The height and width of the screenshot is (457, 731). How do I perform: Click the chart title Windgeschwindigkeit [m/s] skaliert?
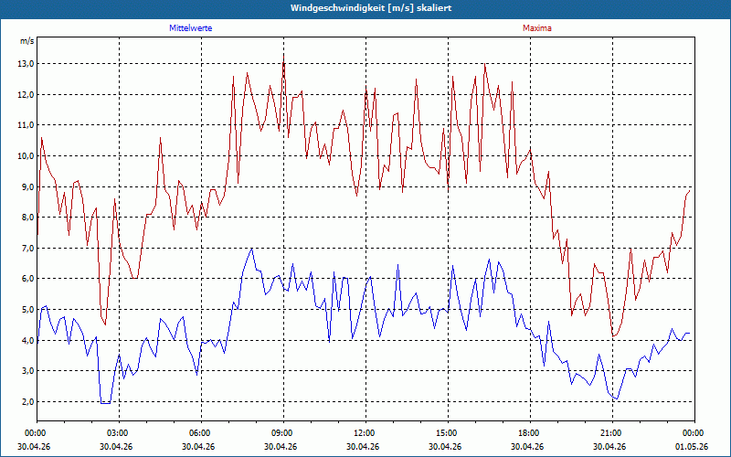371,8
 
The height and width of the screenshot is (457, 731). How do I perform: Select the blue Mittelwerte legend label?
191,28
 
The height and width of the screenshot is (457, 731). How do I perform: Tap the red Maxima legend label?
537,28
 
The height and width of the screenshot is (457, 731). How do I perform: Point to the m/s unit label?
27,41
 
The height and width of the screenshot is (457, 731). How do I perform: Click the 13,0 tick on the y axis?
26,64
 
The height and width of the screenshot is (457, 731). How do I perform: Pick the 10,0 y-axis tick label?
26,156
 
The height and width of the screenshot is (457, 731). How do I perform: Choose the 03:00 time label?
120,433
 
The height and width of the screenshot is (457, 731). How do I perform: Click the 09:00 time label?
283,433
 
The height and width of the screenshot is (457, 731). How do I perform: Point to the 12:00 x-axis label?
366,433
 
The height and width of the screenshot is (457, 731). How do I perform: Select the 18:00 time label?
530,433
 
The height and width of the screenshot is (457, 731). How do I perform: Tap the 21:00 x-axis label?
612,433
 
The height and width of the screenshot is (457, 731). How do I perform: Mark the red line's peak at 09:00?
283,55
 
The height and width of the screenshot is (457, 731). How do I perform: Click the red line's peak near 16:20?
485,64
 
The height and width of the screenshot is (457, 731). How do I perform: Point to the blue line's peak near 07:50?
252,249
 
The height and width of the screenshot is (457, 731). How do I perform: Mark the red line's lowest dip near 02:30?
105,324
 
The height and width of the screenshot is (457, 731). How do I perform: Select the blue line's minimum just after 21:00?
618,399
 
